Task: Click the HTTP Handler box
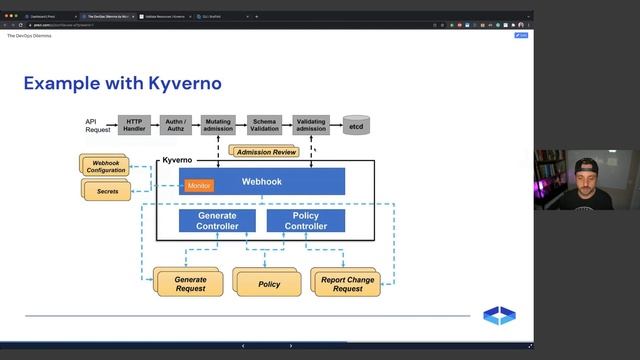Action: point(134,125)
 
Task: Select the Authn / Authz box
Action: point(175,125)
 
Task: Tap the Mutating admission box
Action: point(217,125)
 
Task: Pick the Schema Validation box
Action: point(264,125)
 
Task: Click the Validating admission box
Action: point(311,125)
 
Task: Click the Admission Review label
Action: point(265,151)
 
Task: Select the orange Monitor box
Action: point(199,185)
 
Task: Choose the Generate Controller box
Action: point(217,221)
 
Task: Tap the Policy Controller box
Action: point(305,221)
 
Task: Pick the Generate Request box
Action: point(190,284)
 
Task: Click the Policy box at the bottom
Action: point(269,284)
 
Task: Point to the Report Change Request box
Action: point(348,284)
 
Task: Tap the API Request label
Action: point(97,125)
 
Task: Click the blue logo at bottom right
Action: point(499,316)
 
